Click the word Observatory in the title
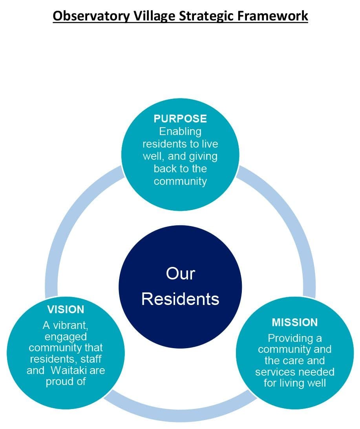[91, 16]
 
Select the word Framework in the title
[272, 16]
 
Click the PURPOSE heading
[180, 119]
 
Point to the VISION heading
[66, 309]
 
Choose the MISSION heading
[294, 322]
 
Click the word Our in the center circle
[180, 273]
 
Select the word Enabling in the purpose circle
[180, 132]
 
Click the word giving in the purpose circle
[203, 157]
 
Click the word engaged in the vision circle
[66, 337]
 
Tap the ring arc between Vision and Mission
[180, 415]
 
